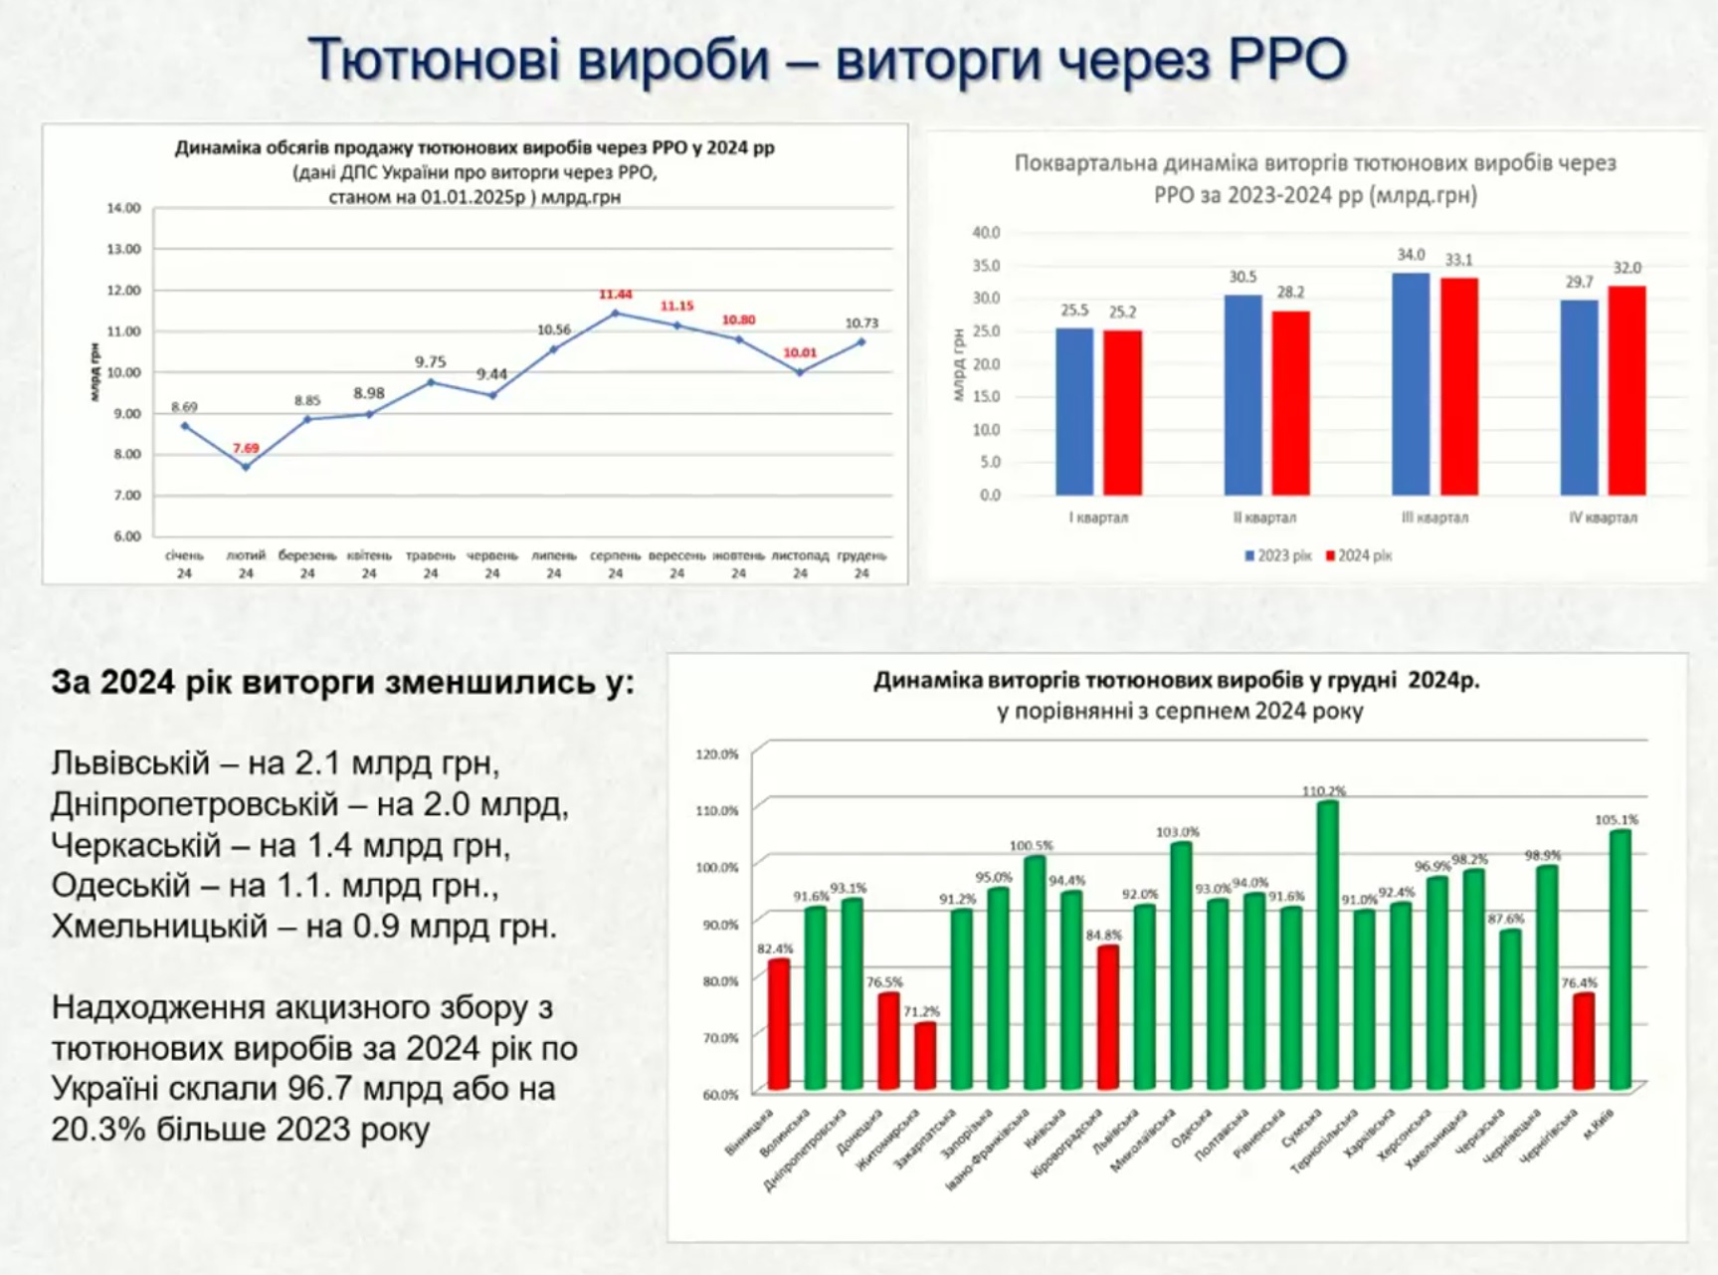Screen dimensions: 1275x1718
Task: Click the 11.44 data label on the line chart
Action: [x=615, y=295]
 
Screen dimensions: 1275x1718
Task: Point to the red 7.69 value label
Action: [x=246, y=448]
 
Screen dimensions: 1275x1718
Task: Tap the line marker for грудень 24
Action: [x=861, y=342]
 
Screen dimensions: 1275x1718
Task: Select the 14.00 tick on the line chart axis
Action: [x=124, y=208]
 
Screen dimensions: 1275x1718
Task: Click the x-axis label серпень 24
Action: [x=615, y=564]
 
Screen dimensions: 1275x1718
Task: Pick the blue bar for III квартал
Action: [x=1411, y=384]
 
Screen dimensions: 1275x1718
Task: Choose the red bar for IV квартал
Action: [x=1627, y=390]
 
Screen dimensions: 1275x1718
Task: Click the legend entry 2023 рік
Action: [x=1279, y=555]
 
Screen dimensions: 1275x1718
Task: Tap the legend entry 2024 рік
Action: [x=1360, y=555]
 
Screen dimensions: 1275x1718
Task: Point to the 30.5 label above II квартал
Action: [x=1242, y=278]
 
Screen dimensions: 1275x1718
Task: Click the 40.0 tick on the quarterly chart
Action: [x=986, y=233]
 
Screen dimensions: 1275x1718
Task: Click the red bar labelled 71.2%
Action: [x=925, y=1055]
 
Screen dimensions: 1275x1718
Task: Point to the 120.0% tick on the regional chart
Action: [x=717, y=754]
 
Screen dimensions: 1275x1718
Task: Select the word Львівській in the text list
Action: [x=130, y=763]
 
